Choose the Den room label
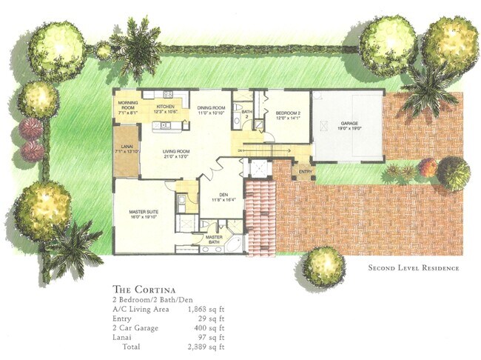pos(223,197)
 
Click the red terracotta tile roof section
pos(260,215)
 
